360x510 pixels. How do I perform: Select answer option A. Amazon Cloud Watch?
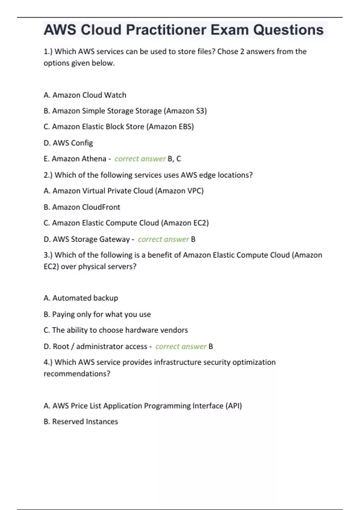[85, 95]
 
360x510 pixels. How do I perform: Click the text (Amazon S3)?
[185, 111]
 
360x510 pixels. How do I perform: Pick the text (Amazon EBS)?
[170, 127]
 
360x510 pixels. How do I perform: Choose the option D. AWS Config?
[68, 143]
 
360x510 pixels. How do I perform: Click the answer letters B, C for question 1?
[174, 159]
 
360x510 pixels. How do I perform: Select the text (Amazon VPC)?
[179, 191]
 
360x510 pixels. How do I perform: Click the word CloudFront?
[101, 207]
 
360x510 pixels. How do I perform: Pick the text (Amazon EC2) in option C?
[185, 223]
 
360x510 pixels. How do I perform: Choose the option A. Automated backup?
[81, 298]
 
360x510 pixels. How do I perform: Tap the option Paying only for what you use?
[101, 314]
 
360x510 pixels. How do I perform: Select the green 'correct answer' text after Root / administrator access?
[181, 346]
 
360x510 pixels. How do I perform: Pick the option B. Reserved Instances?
[81, 421]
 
